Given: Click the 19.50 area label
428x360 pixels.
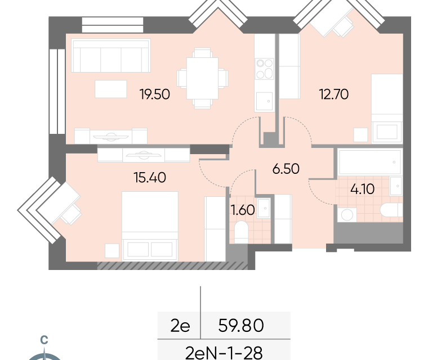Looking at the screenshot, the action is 155,94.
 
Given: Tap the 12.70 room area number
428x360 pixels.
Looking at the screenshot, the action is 334,94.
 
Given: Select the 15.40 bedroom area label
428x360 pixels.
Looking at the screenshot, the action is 150,178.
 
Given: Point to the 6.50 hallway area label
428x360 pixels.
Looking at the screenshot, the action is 286,169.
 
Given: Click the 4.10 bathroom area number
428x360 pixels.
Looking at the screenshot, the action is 362,189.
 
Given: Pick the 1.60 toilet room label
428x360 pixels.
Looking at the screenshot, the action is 243,210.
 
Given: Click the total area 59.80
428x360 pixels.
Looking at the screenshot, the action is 241,325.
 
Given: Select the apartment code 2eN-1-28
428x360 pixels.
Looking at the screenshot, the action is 224,353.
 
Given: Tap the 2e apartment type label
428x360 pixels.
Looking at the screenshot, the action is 180,326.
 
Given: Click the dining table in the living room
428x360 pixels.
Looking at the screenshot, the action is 202,79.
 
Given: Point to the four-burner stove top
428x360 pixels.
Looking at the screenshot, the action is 265,69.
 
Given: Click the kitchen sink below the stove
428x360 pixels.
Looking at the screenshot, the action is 265,101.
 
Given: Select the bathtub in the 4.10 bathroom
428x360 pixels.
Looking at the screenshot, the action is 369,162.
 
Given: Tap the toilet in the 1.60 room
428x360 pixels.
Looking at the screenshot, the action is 241,232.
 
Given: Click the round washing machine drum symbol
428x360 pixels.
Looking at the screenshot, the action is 347,215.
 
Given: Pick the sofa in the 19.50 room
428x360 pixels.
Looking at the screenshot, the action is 111,56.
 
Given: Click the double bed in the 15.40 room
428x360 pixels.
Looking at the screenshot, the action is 150,225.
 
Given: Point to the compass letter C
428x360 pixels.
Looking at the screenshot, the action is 44,340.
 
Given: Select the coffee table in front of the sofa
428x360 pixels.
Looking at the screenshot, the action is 111,89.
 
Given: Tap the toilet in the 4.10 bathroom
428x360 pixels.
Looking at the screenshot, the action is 391,210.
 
